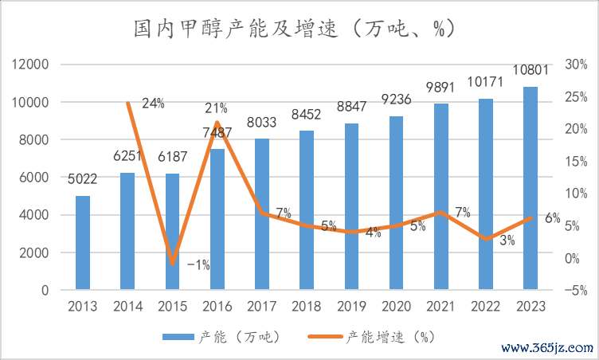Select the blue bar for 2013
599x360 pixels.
pos(83,242)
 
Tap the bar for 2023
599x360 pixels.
pos(530,188)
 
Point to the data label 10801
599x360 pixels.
pos(530,70)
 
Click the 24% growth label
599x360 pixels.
pos(153,103)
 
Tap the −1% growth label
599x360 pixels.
pos(198,265)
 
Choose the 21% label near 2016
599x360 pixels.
pos(216,108)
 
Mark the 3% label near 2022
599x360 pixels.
pos(507,241)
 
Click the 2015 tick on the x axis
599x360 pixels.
pos(173,307)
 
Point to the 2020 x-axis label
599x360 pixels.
pos(396,307)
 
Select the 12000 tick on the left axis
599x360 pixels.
pos(33,65)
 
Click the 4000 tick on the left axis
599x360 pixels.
pos(36,215)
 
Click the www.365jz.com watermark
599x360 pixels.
pos(550,348)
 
